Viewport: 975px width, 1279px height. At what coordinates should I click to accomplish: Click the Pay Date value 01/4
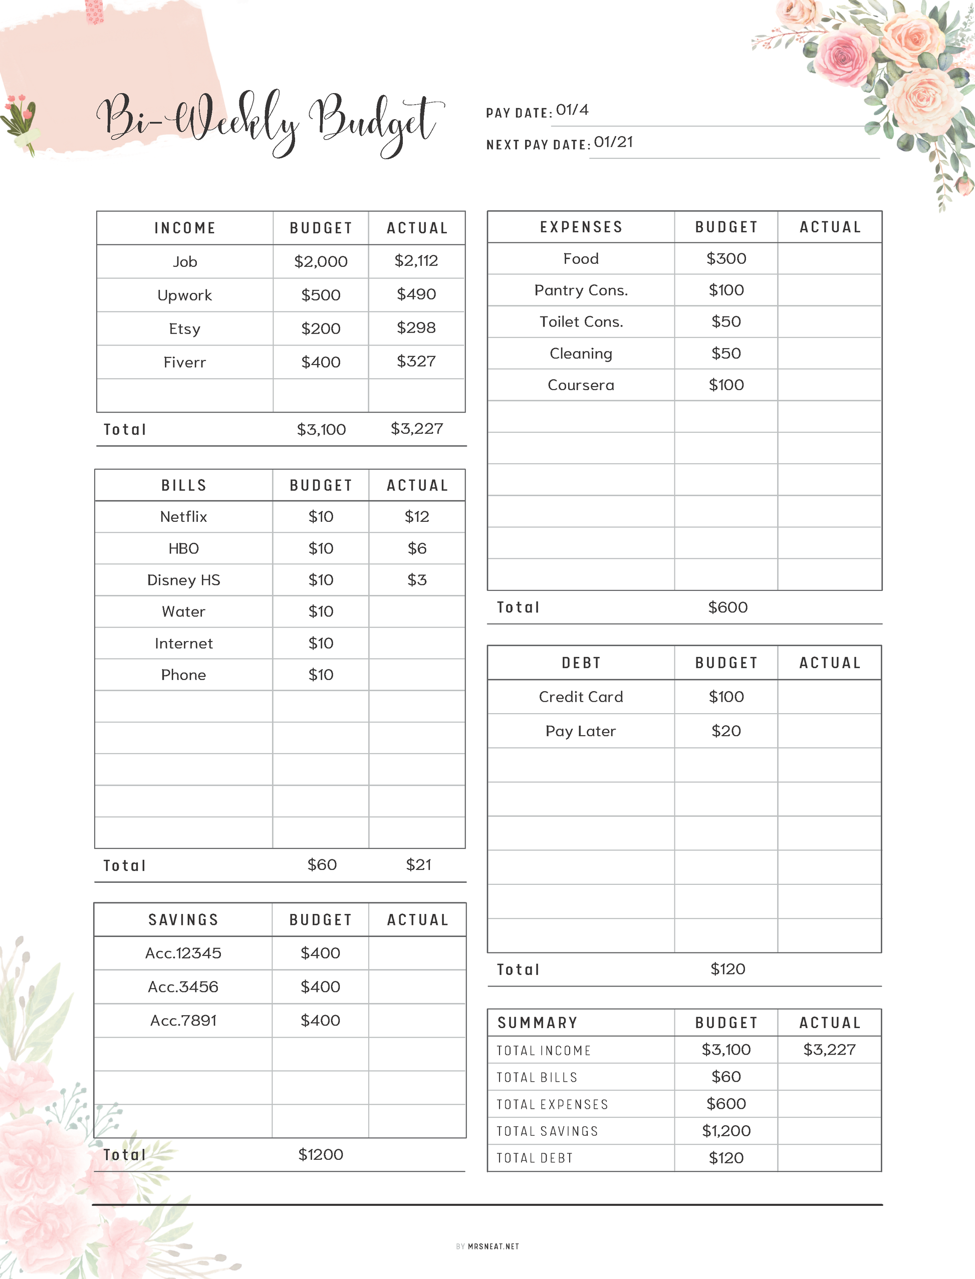coord(572,110)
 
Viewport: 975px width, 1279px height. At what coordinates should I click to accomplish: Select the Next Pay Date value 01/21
coord(613,142)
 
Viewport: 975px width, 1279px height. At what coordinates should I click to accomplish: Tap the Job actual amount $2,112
coord(416,261)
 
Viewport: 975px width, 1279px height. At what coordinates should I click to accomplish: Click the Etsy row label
coord(184,329)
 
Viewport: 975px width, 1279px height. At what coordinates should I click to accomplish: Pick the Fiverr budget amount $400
coord(320,362)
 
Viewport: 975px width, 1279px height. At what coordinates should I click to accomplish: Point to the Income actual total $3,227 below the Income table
coord(416,429)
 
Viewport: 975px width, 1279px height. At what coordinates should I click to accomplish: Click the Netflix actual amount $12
coord(417,516)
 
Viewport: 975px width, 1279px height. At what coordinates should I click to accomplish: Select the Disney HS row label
coord(183,580)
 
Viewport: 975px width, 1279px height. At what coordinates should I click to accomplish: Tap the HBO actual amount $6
coord(417,548)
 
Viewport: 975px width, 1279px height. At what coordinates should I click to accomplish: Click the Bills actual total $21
coord(418,865)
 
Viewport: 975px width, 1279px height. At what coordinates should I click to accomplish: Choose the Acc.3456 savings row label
coord(183,987)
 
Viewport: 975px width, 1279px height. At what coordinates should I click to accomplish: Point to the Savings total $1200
coord(320,1154)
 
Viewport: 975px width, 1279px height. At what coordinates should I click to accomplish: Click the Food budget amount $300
coord(726,259)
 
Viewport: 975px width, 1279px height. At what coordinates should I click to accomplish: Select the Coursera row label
coord(580,385)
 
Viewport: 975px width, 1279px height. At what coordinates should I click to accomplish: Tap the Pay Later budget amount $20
coord(726,731)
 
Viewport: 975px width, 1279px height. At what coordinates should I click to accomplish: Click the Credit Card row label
coord(580,697)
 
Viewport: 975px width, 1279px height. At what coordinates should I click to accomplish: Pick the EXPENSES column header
coord(581,227)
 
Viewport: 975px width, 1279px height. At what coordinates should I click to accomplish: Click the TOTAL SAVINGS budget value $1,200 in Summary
coord(726,1130)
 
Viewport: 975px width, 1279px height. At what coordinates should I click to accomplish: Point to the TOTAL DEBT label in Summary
coord(535,1158)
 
